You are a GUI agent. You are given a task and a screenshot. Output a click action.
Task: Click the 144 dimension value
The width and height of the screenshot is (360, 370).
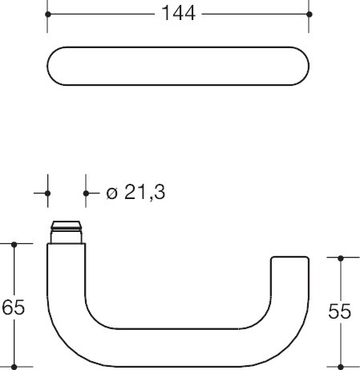click(179, 14)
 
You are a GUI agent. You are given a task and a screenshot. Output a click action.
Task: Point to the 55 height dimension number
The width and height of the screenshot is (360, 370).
click(341, 311)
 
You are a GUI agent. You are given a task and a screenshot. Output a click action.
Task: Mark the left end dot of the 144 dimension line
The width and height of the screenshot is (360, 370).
click(47, 14)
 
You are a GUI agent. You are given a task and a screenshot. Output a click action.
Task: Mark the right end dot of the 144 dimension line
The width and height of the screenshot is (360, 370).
click(309, 14)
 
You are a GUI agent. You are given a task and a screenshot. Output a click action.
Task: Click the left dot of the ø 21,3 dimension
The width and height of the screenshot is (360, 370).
click(47, 193)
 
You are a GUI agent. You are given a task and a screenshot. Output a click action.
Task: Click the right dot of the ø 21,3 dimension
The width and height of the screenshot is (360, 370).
click(85, 193)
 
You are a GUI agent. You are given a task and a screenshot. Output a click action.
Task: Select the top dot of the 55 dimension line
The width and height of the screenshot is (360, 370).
click(342, 258)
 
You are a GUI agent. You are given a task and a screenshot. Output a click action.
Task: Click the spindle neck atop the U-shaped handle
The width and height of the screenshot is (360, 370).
click(67, 232)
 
